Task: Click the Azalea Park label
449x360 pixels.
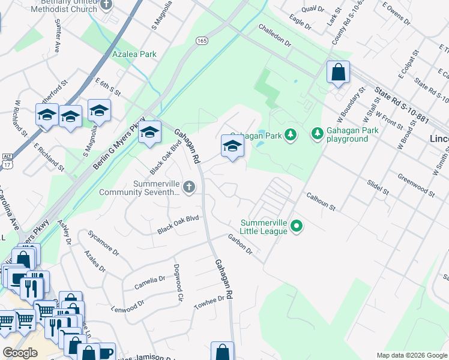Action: tap(134, 54)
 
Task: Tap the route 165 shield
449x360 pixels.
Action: tap(202, 40)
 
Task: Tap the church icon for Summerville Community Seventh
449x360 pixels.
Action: tap(189, 188)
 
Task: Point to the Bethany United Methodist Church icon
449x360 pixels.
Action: tap(107, 5)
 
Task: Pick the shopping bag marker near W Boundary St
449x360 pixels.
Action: tap(338, 72)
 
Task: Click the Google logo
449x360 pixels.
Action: tap(20, 353)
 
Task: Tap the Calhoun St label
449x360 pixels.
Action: tap(321, 200)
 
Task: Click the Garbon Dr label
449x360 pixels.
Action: tap(240, 244)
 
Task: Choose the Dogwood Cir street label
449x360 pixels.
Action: tap(178, 283)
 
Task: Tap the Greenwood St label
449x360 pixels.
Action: tap(416, 185)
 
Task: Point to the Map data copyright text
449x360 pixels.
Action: tap(412, 355)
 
